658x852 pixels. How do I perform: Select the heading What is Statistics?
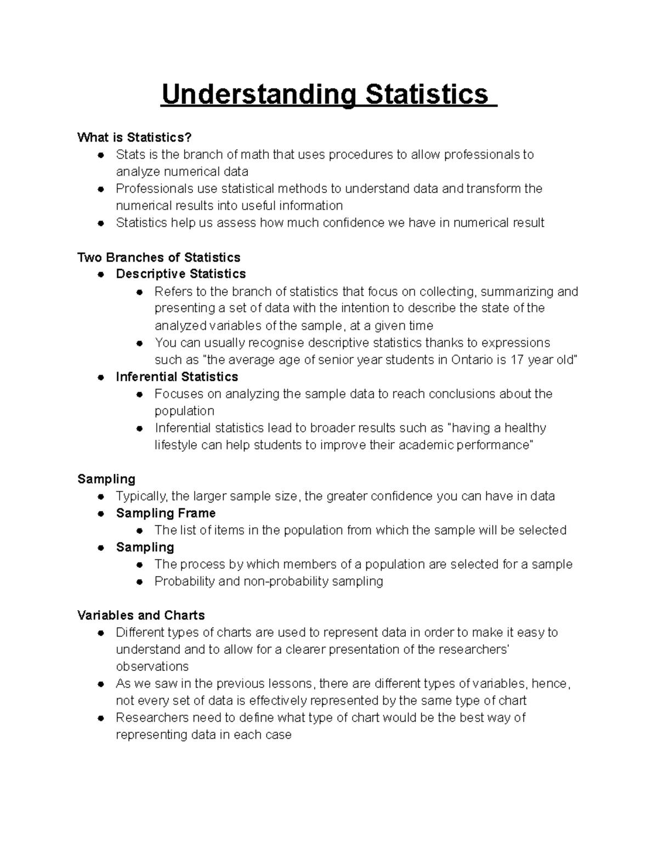135,137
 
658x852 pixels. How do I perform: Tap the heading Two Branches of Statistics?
159,257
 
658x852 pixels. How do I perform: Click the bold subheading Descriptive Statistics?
181,274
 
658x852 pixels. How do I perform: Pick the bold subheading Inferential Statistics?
177,377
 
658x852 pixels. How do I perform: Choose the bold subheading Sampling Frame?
166,513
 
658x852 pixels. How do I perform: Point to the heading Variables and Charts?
141,615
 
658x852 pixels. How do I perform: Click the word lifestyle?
175,445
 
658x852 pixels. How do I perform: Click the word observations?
152,667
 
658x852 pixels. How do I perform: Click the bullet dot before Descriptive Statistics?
101,274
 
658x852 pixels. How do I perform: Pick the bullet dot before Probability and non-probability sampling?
140,582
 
